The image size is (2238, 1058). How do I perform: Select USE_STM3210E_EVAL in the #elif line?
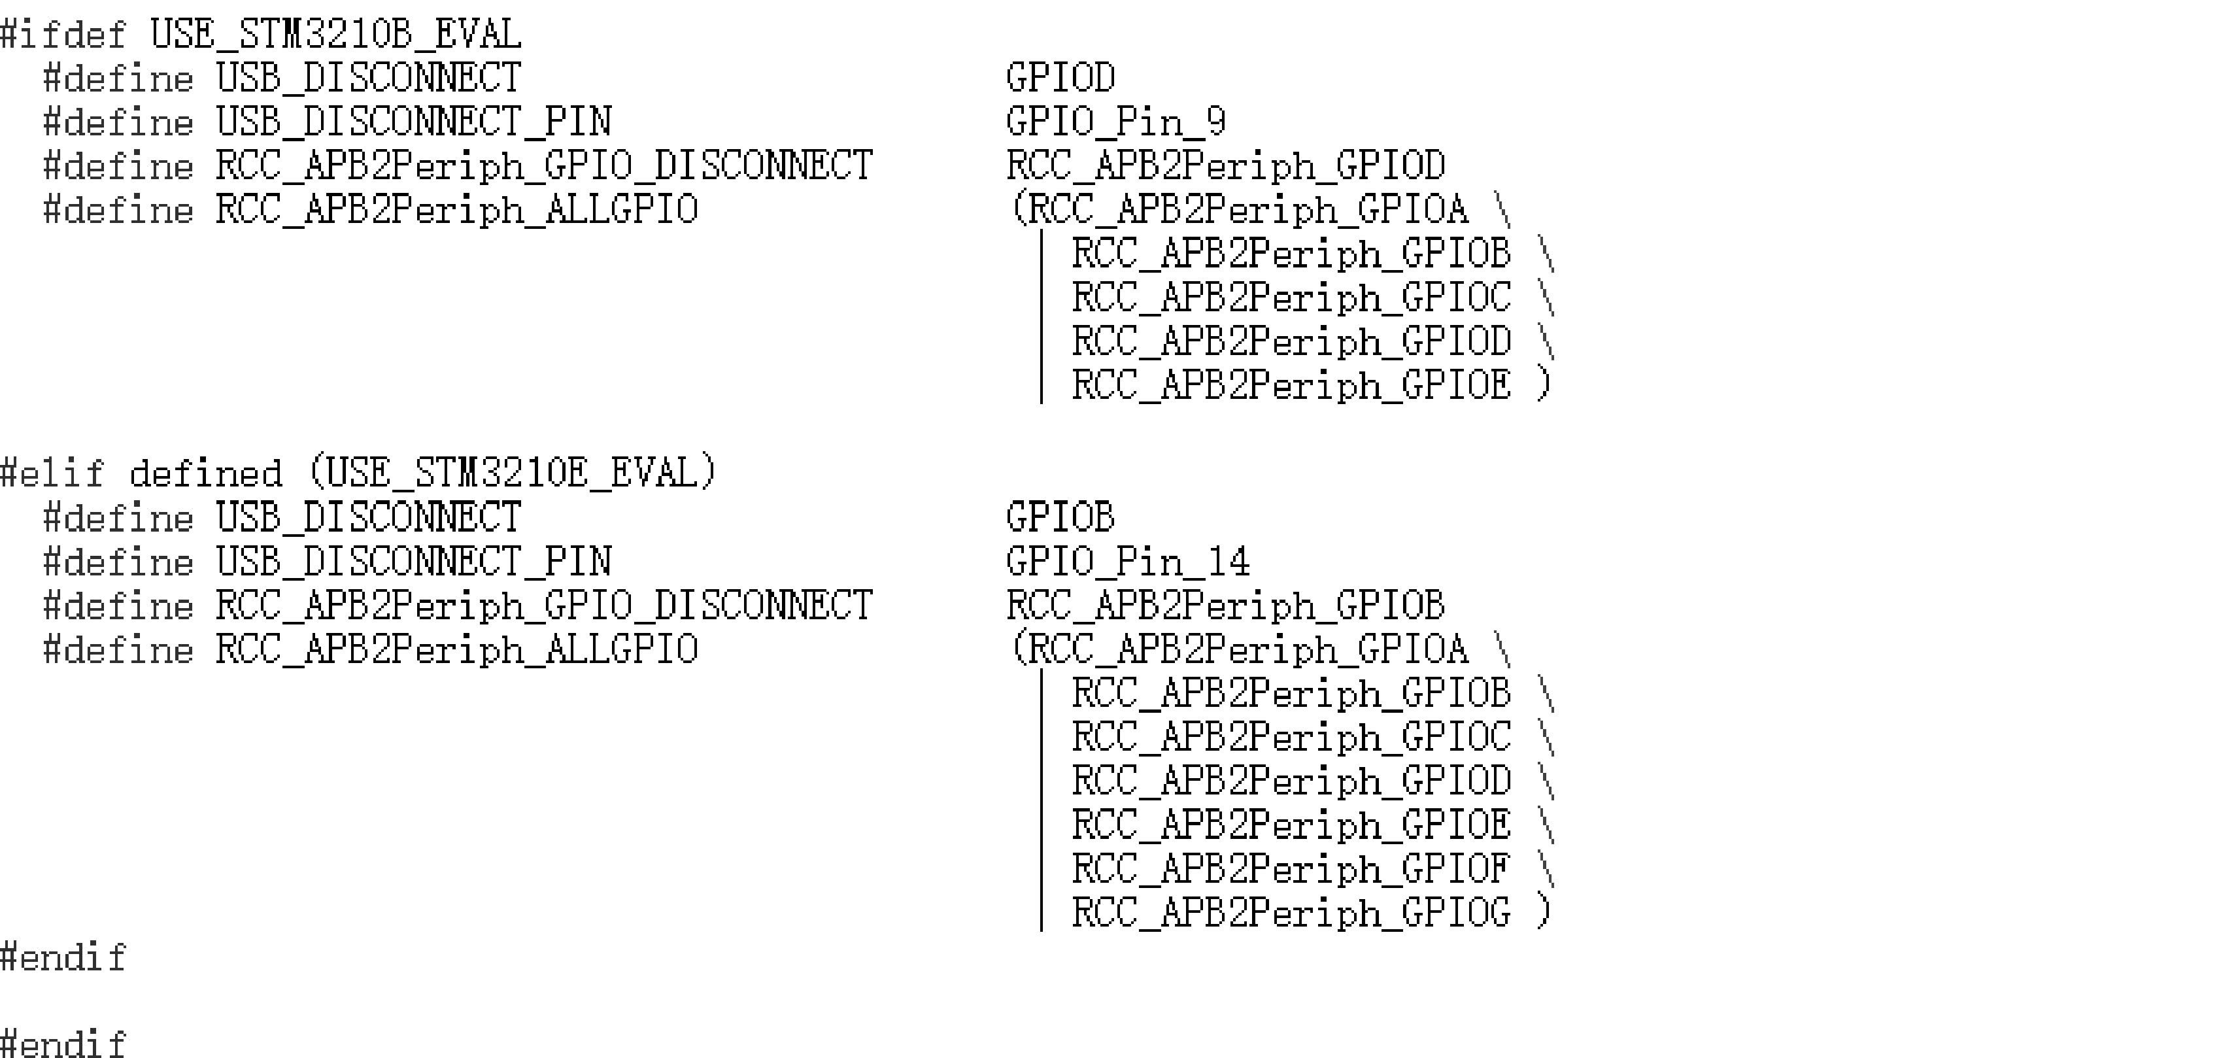(512, 473)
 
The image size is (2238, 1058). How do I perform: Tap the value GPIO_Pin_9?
(1115, 122)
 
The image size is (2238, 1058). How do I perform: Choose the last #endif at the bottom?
(63, 1042)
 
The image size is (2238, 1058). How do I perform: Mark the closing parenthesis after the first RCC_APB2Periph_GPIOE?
(1543, 384)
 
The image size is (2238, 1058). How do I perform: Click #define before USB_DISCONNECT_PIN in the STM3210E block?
(119, 562)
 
